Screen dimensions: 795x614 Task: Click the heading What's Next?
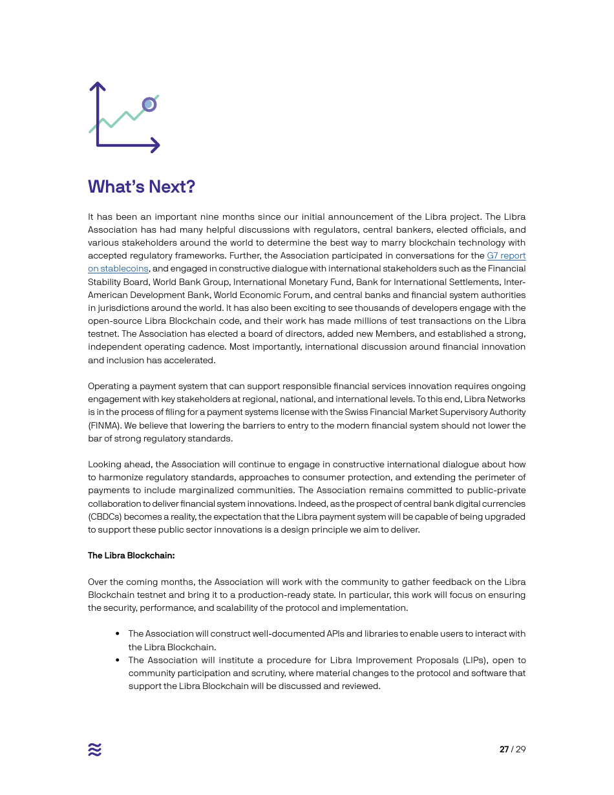[x=141, y=187]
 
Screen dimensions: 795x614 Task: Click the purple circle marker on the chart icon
[x=149, y=104]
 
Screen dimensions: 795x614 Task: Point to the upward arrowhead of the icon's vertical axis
[x=98, y=85]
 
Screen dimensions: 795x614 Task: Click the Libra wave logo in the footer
[x=95, y=749]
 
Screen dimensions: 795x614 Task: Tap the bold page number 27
[x=504, y=750]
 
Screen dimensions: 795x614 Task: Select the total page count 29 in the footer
[x=521, y=750]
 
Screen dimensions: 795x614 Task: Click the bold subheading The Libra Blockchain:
[x=131, y=556]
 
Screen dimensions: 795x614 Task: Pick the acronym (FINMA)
[x=105, y=425]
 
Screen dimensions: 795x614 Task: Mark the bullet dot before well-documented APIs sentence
[x=118, y=634]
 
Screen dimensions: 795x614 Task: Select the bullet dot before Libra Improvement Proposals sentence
[x=118, y=660]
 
